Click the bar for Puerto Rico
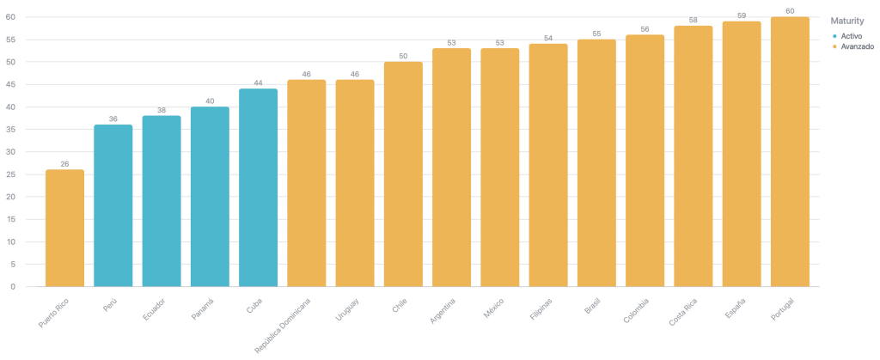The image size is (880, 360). point(64,228)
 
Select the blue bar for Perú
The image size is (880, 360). point(113,205)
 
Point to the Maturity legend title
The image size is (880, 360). point(847,21)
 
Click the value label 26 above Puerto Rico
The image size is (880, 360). point(64,163)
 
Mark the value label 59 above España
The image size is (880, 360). point(742,15)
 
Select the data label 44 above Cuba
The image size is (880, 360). point(258,82)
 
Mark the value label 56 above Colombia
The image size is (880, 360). point(645,28)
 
